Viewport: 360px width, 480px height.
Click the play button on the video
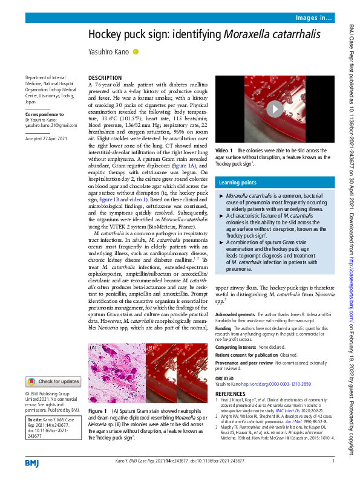coord(274,109)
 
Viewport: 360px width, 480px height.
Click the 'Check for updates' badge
coord(53,381)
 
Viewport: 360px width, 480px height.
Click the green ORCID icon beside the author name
coord(136,52)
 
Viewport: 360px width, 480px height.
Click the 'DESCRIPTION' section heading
coord(105,79)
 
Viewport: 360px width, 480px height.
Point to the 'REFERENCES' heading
coord(231,394)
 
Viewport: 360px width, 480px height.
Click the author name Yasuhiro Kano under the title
coord(109,53)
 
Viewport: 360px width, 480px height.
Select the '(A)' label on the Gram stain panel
coord(94,348)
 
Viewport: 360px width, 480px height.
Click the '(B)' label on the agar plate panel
coord(151,348)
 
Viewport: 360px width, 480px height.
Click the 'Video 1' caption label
coord(223,151)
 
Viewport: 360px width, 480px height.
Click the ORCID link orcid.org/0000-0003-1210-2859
coord(284,384)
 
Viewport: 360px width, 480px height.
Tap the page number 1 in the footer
coord(333,461)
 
